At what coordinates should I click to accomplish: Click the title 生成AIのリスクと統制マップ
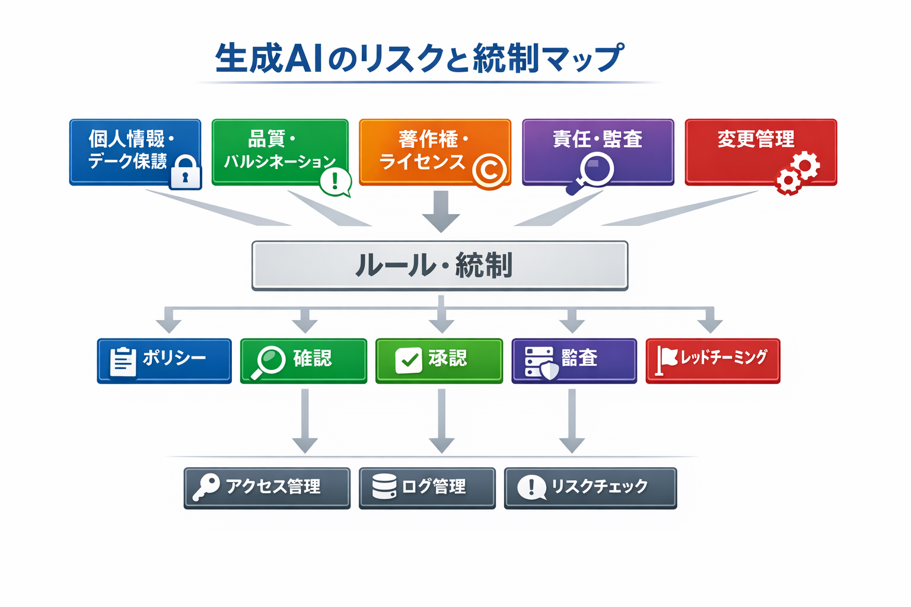click(419, 58)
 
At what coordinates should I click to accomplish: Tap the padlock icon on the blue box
click(185, 172)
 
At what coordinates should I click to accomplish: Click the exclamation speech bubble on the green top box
click(335, 181)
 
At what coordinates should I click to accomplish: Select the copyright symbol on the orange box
click(489, 171)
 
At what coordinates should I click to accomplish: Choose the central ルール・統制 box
click(439, 265)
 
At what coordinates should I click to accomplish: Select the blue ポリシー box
click(164, 360)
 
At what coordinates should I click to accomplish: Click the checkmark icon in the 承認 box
click(408, 360)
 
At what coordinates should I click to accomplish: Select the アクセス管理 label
click(273, 487)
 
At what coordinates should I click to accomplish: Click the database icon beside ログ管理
click(384, 487)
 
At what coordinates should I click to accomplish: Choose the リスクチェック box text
click(599, 487)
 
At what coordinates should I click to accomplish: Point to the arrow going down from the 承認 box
click(441, 421)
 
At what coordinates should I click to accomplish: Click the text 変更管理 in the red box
click(756, 139)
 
